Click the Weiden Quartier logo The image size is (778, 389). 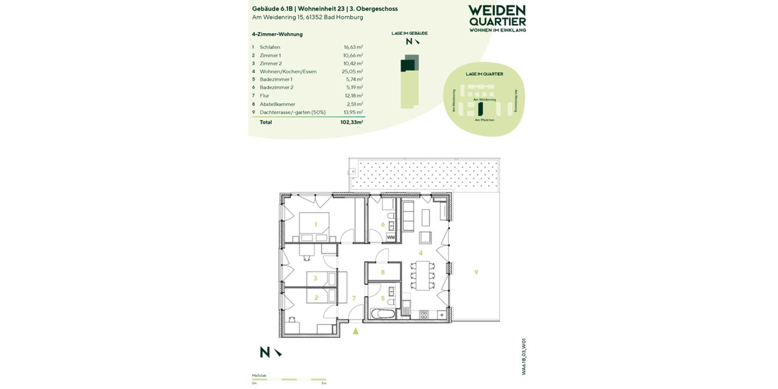pos(497,18)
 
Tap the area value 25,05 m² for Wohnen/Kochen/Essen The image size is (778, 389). pos(353,71)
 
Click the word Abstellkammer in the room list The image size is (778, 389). pos(277,104)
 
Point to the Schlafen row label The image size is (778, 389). pos(270,47)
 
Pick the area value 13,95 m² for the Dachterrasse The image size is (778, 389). pos(353,112)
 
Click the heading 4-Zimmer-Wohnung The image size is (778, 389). pos(277,34)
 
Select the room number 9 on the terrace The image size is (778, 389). pos(476,272)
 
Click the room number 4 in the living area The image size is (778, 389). pos(421,253)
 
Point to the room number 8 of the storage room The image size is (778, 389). pos(383,272)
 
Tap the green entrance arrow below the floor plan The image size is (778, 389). pos(355,331)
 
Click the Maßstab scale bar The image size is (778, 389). pos(289,379)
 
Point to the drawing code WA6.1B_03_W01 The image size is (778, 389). pos(523,356)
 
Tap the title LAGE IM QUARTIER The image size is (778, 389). pos(484,75)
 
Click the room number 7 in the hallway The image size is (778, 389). pos(354,298)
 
